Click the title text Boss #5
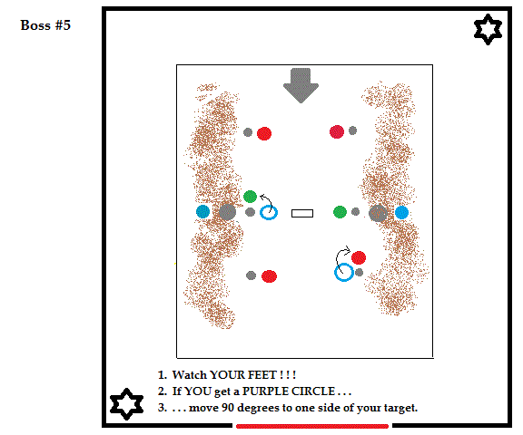[x=45, y=25]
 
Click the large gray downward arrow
[x=301, y=85]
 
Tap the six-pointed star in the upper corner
[x=488, y=29]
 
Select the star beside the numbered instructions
[x=126, y=403]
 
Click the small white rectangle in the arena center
[x=302, y=213]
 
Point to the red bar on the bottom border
[x=312, y=426]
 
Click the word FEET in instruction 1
[x=260, y=375]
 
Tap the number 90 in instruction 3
[x=228, y=408]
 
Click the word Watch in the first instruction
[x=189, y=375]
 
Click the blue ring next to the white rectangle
[x=269, y=213]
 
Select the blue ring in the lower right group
[x=344, y=272]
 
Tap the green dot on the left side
[x=251, y=197]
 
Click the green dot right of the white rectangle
[x=340, y=212]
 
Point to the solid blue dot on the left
[x=202, y=212]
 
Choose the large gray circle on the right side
[x=378, y=213]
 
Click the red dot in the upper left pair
[x=264, y=134]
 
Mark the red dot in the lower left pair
[x=269, y=276]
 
